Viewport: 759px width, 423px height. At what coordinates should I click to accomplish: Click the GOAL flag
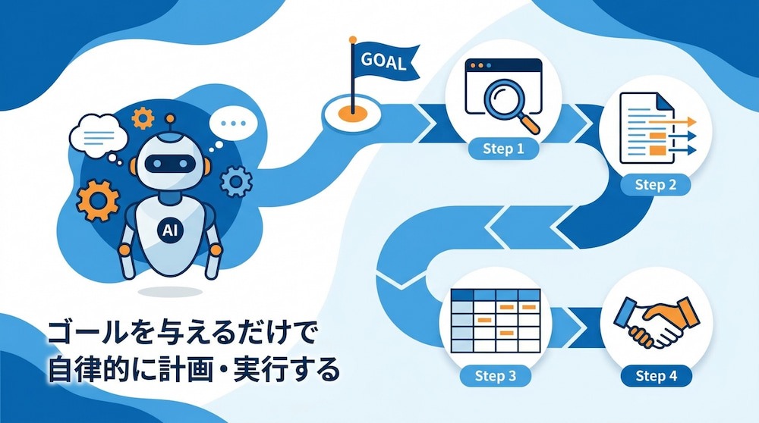click(x=385, y=61)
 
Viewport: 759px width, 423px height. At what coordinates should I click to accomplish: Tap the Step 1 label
click(x=503, y=149)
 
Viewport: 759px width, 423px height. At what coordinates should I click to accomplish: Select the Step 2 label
click(x=656, y=185)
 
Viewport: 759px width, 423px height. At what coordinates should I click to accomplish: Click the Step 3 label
click(x=495, y=376)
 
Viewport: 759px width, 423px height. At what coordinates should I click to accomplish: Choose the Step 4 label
click(x=656, y=376)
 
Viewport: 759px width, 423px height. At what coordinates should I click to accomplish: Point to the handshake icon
click(x=656, y=322)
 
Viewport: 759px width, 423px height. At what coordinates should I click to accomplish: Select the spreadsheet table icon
click(x=496, y=321)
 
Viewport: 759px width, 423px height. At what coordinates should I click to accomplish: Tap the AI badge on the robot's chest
click(x=170, y=230)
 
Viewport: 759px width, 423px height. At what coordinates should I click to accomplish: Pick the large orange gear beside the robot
click(x=98, y=201)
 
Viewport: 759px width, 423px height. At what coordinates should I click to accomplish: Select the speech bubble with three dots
click(x=233, y=124)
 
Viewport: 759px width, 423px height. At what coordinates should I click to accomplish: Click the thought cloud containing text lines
click(x=98, y=136)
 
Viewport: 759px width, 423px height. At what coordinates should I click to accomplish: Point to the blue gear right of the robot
click(x=236, y=181)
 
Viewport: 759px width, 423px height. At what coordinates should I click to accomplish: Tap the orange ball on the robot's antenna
click(x=170, y=118)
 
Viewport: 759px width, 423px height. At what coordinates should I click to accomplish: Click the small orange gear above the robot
click(x=143, y=118)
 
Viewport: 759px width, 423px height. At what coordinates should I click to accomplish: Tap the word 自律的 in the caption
click(x=90, y=369)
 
